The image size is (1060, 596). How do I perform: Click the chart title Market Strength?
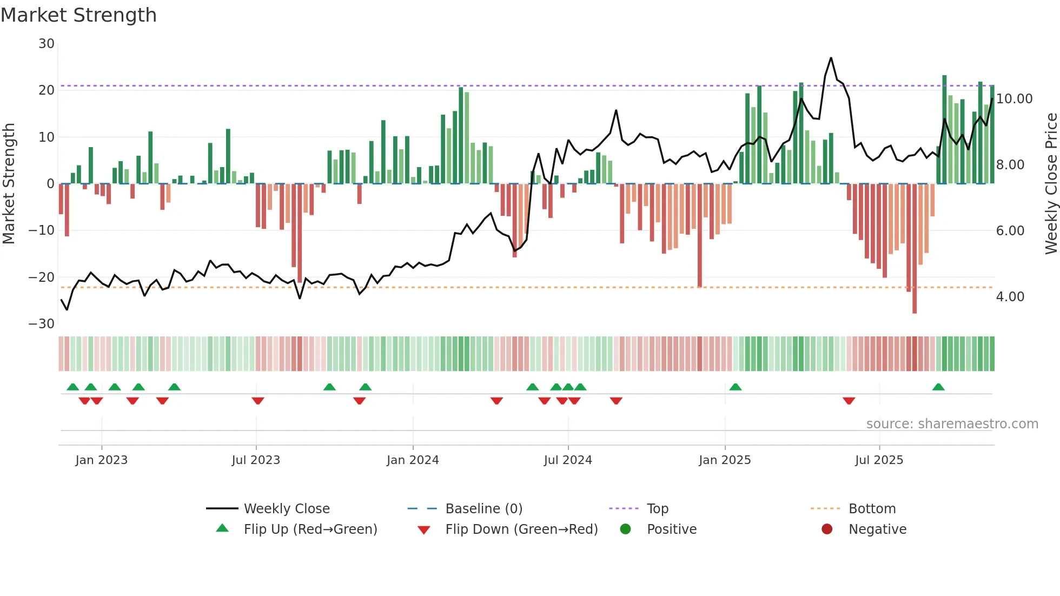(78, 15)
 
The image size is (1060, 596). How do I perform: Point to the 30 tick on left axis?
(47, 44)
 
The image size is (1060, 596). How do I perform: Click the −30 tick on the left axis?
(42, 324)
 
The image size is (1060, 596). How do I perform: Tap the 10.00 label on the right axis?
(1014, 99)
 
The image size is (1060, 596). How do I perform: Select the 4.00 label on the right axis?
(1010, 297)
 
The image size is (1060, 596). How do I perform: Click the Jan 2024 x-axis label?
(413, 460)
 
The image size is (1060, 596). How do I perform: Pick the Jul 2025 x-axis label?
(879, 460)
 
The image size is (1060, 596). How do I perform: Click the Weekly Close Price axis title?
(1051, 184)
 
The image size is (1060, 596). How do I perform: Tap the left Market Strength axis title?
(9, 184)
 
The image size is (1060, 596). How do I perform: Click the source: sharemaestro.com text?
(952, 424)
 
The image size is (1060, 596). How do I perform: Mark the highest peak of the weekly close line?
(831, 58)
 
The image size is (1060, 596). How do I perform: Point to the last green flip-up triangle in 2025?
(938, 387)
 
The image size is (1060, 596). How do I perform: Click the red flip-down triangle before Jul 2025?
(849, 401)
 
